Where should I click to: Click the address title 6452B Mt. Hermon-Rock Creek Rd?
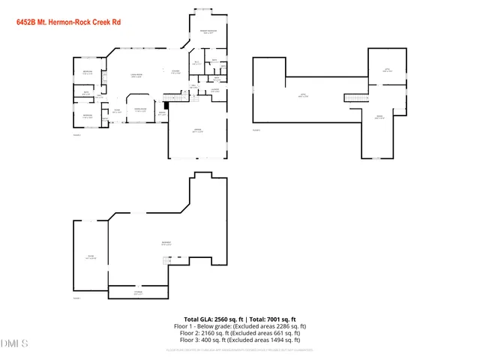click(68, 23)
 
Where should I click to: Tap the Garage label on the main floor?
click(198, 131)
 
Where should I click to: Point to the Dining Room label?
click(140, 110)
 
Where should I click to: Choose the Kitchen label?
click(175, 72)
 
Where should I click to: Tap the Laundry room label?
click(214, 91)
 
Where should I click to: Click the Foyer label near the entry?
click(116, 110)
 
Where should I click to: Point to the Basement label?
click(166, 244)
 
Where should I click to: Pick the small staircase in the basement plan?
click(167, 260)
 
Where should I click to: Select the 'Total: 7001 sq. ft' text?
click(273, 319)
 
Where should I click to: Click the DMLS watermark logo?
click(14, 343)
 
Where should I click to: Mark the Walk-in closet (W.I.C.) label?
click(196, 63)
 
